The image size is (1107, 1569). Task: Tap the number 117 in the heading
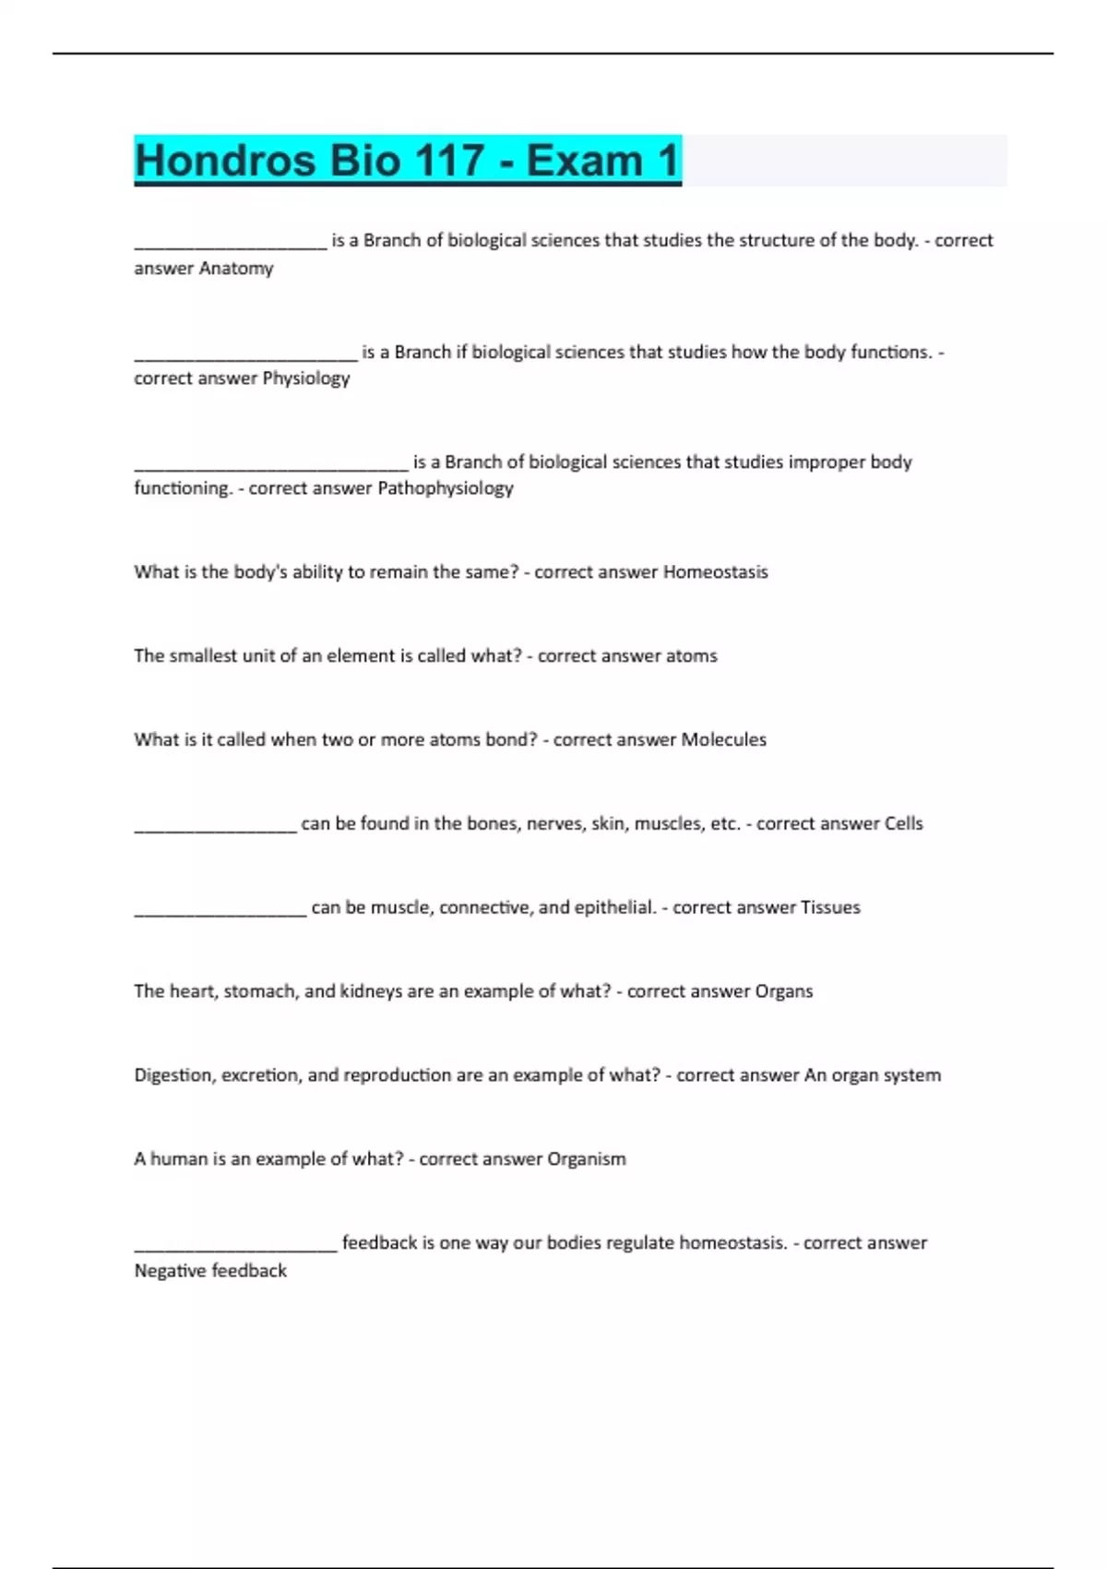point(448,161)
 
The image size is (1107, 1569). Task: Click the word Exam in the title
point(584,161)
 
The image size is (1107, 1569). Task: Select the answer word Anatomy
point(236,269)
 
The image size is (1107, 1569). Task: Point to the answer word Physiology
point(306,378)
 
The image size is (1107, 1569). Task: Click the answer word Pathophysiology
point(446,488)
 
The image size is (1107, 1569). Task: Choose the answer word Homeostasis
point(715,572)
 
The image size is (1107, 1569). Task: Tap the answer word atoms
point(691,656)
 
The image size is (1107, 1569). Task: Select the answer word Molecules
point(723,740)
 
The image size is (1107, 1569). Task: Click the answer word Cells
point(903,823)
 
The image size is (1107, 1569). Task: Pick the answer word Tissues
point(830,907)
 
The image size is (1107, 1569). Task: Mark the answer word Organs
point(784,991)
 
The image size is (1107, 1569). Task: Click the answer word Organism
point(587,1159)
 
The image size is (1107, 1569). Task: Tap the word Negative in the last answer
point(171,1271)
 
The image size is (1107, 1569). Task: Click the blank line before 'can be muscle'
point(220,914)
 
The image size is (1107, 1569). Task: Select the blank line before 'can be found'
point(215,830)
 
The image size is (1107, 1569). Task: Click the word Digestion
point(173,1075)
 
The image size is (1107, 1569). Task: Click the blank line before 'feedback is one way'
point(235,1249)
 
